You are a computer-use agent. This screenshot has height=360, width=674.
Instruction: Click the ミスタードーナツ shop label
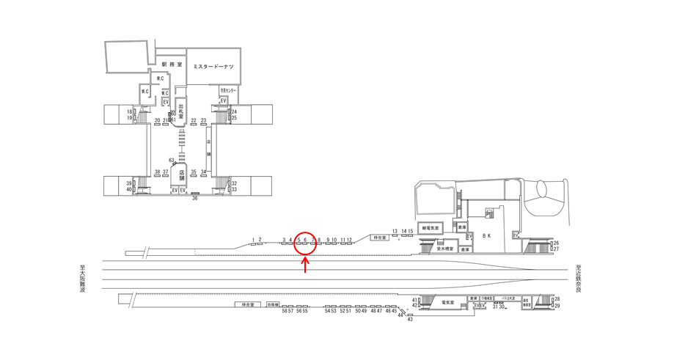[213, 67]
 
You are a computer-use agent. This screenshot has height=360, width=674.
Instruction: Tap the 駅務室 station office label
[171, 65]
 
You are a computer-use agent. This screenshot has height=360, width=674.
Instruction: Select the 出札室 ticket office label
[180, 114]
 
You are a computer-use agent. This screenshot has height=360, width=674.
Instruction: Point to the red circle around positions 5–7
[306, 242]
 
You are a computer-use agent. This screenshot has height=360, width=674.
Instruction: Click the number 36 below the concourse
[195, 198]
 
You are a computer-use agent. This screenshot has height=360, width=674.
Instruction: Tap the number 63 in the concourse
[171, 160]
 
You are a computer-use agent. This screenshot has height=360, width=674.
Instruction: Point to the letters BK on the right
[486, 236]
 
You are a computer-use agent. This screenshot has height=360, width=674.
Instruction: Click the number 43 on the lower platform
[410, 319]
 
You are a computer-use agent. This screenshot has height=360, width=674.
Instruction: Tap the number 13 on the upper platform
[395, 231]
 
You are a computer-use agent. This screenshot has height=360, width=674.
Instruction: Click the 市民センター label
[227, 90]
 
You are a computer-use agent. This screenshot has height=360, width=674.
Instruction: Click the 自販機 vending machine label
[274, 304]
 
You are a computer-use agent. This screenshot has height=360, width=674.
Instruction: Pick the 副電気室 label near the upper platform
[431, 228]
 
